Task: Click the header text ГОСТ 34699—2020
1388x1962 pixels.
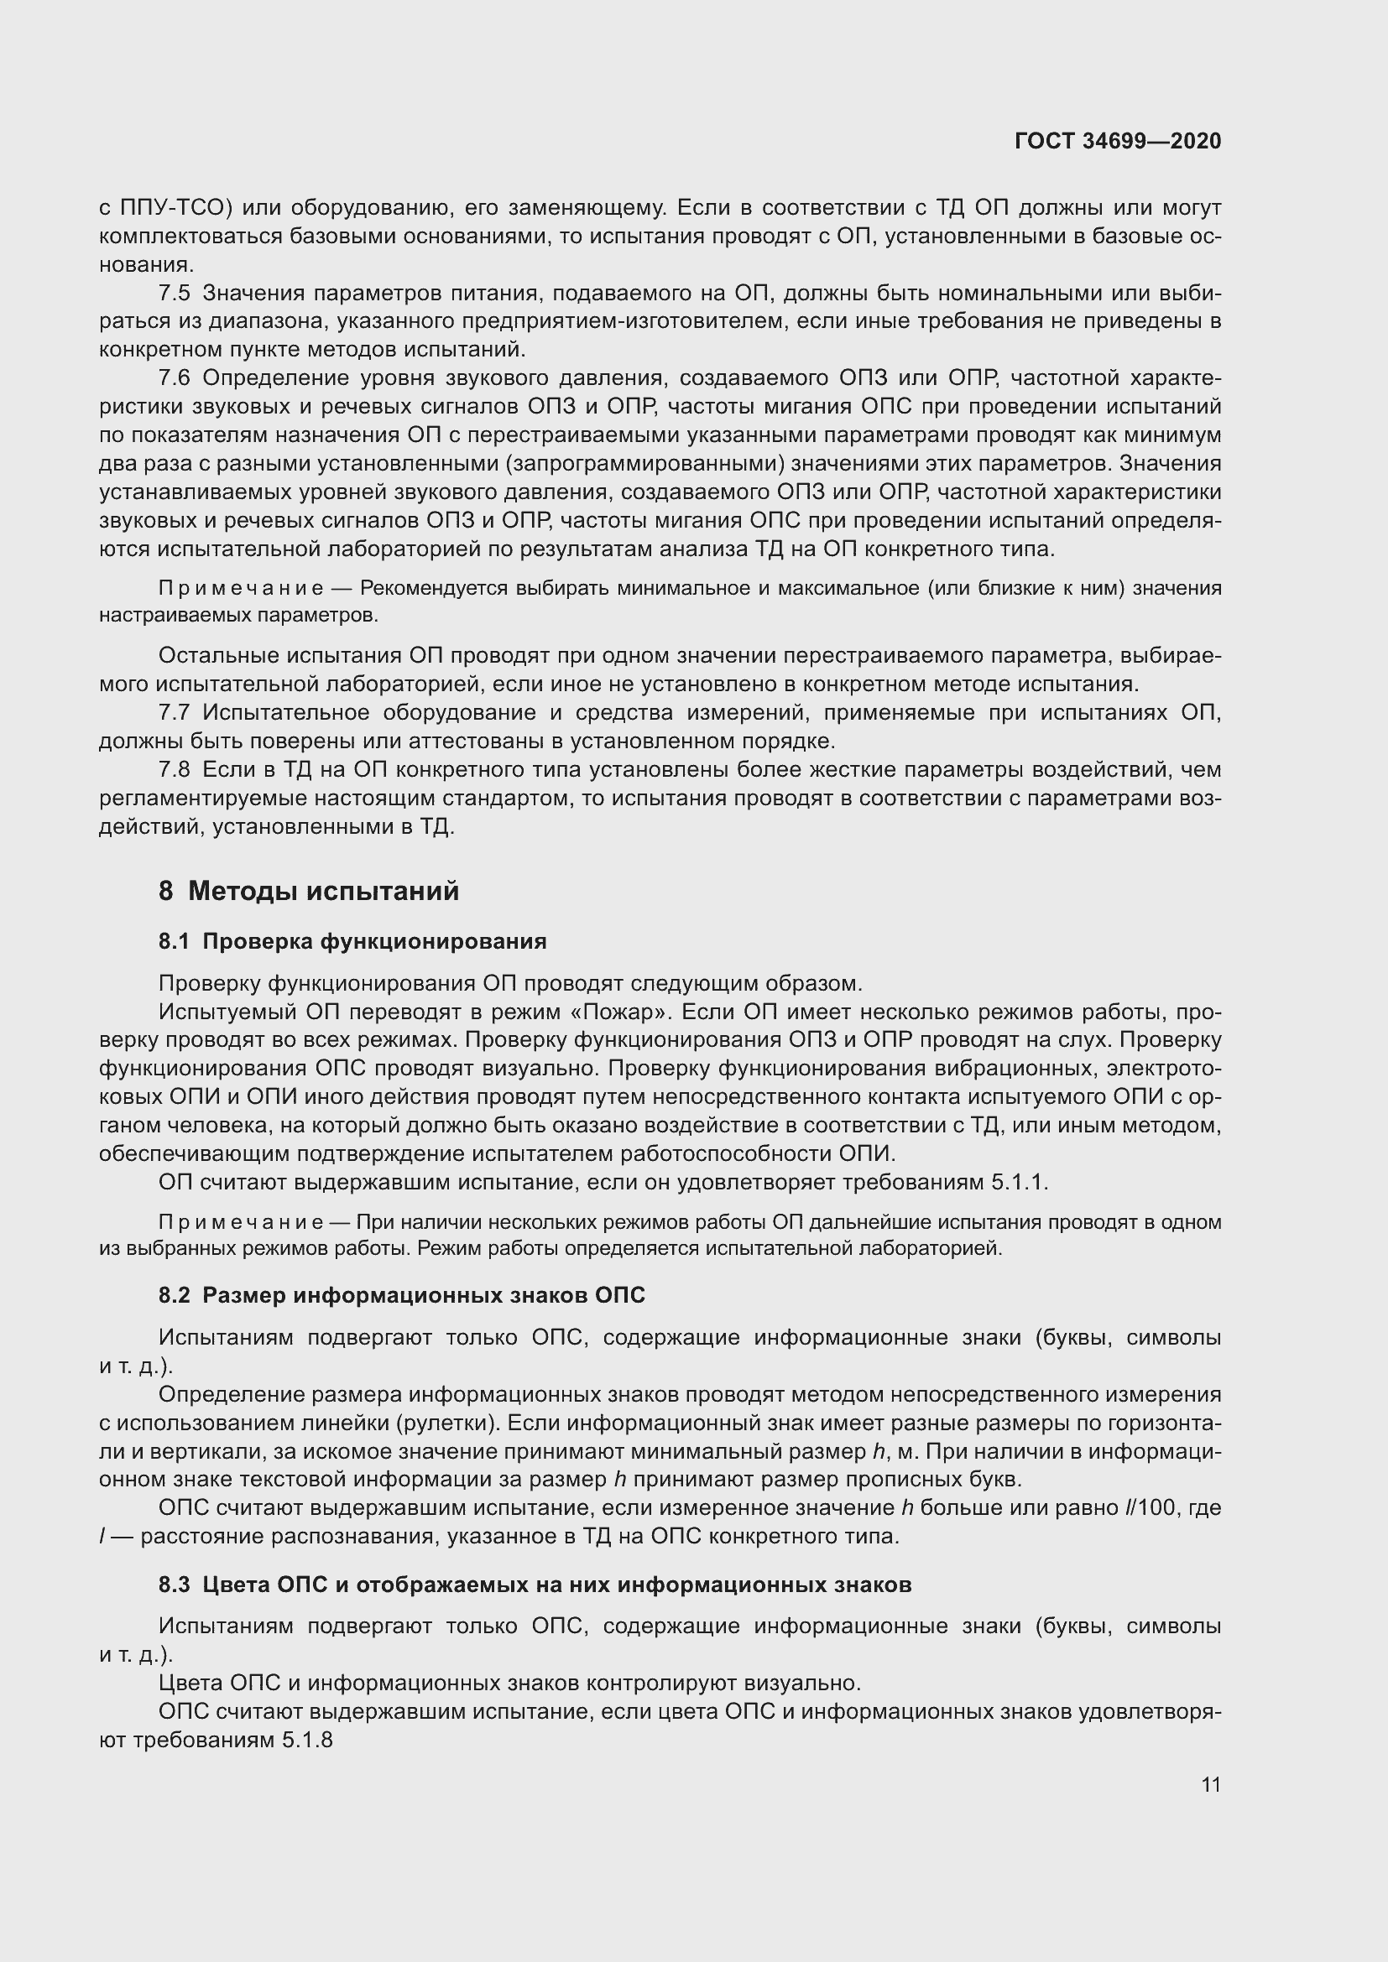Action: [x=1117, y=141]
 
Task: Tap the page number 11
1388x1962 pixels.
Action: [x=1210, y=1785]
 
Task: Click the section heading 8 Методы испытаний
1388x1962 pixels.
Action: [x=309, y=892]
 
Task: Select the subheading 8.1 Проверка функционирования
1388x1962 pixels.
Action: [x=352, y=942]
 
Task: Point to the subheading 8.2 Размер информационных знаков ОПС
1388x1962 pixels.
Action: [x=402, y=1295]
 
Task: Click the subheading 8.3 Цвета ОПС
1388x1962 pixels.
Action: [x=535, y=1585]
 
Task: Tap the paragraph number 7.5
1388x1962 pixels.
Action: [x=175, y=293]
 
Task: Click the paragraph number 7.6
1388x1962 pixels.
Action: [x=175, y=377]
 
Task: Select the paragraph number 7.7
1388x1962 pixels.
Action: [x=175, y=713]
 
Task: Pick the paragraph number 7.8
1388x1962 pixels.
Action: [x=175, y=770]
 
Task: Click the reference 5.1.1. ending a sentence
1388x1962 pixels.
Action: [x=1020, y=1183]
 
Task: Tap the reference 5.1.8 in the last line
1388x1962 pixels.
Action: [x=307, y=1740]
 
